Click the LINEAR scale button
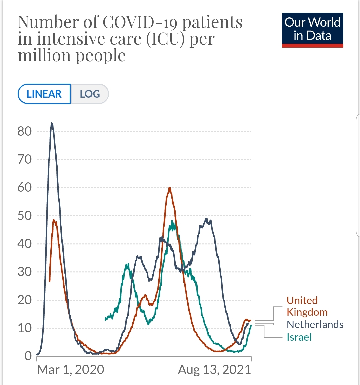(x=44, y=94)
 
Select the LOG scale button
(x=90, y=94)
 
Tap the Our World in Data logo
(x=312, y=30)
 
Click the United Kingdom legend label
(x=307, y=306)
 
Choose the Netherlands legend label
(x=315, y=324)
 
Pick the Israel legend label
(x=299, y=337)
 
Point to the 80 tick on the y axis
(x=25, y=131)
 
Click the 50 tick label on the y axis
(x=25, y=216)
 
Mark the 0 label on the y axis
(x=28, y=356)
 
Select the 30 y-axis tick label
(x=25, y=272)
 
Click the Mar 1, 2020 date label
(x=70, y=370)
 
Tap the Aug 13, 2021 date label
(x=214, y=370)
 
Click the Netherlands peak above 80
(x=52, y=123)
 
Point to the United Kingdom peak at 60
(x=170, y=188)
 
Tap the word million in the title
(x=43, y=55)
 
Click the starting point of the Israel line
(x=105, y=319)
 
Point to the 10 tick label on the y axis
(x=25, y=328)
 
